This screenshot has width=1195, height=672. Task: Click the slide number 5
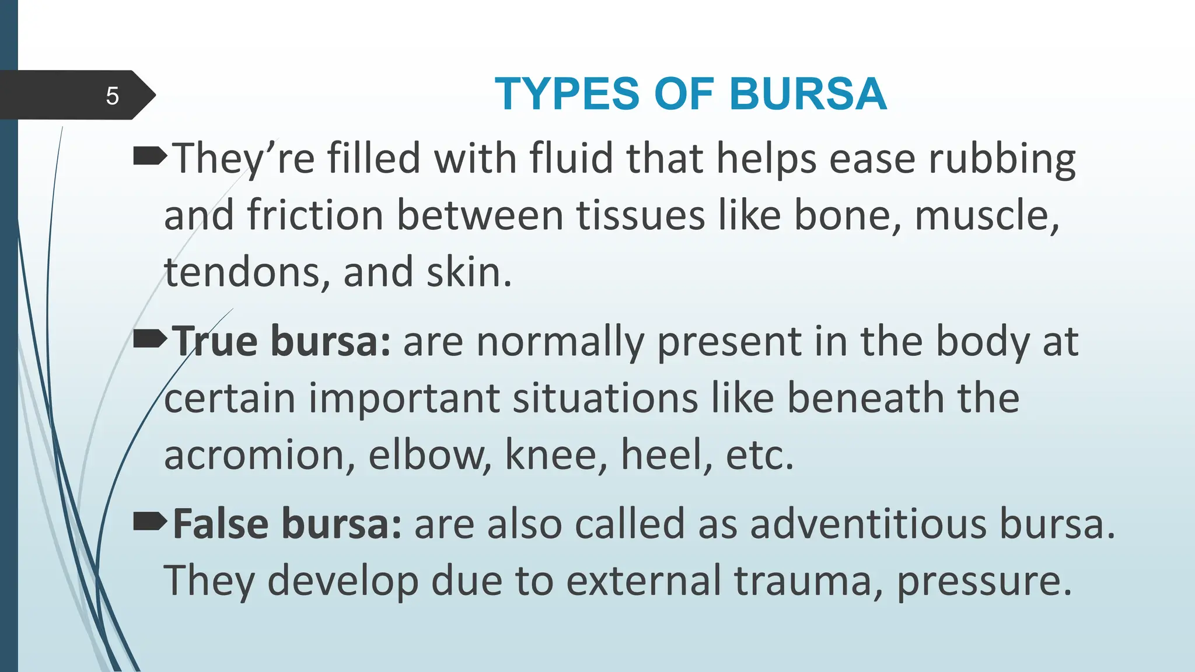click(112, 96)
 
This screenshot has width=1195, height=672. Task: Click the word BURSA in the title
click(808, 94)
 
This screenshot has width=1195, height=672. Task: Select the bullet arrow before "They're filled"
click(149, 156)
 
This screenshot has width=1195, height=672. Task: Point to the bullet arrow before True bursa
click(149, 339)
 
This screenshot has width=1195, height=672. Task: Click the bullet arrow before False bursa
click(149, 522)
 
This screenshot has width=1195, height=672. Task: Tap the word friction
click(315, 215)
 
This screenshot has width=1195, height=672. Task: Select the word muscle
click(986, 215)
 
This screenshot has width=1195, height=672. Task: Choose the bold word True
click(215, 341)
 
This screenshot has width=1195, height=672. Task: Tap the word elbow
click(429, 455)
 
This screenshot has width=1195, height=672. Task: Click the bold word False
click(221, 524)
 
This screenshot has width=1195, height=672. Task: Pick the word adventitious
click(868, 524)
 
